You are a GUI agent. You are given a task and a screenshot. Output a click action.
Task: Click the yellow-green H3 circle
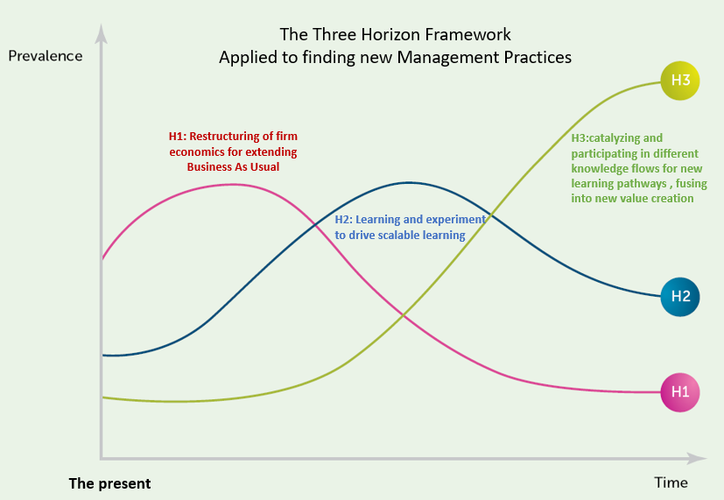point(680,81)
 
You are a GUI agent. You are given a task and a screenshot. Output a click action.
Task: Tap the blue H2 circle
point(680,297)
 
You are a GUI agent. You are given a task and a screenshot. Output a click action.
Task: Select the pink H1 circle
point(680,392)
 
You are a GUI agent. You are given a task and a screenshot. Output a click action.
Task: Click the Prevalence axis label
point(46,56)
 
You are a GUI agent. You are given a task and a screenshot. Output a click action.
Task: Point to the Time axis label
point(671,482)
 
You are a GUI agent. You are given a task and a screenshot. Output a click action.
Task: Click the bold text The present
point(109,483)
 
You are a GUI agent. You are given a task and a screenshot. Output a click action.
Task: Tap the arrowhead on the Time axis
point(697,459)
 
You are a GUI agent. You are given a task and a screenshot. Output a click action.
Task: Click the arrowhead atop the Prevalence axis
point(102,33)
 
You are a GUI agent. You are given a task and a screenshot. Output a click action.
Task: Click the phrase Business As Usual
point(233,166)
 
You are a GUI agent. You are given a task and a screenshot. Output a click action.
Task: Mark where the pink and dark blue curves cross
point(315,225)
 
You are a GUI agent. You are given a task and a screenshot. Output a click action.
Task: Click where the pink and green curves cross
point(404,315)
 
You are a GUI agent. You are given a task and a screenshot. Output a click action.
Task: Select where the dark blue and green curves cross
point(491,215)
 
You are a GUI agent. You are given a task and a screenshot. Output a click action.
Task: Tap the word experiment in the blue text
point(456,220)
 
